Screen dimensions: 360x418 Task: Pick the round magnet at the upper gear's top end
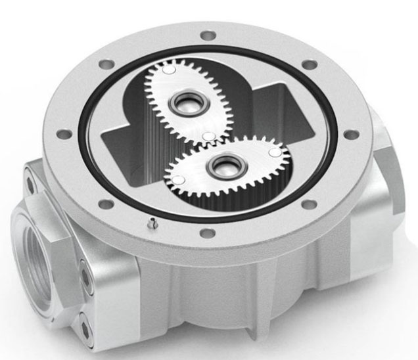click(x=168, y=68)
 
